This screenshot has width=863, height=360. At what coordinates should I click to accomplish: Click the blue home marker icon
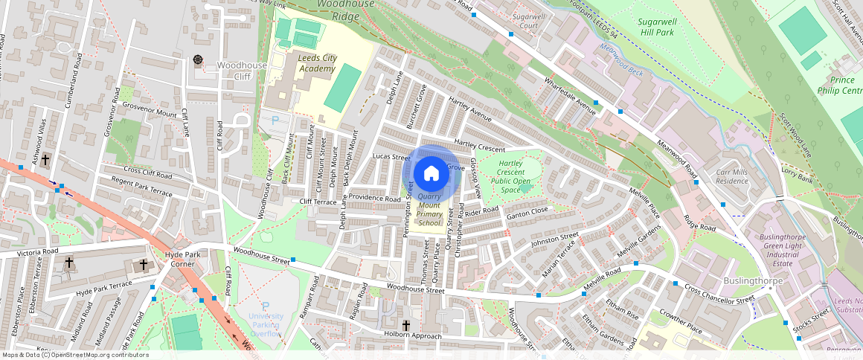430,173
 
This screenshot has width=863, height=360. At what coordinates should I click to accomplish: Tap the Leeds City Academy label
318,63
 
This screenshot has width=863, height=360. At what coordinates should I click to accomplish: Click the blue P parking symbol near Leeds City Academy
275,119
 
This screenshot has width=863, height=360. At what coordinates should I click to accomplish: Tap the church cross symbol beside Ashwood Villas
45,159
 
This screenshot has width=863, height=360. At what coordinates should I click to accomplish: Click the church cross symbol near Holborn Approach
406,325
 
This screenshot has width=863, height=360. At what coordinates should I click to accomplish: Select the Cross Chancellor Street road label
719,294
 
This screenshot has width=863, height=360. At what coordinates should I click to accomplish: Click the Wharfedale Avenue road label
571,96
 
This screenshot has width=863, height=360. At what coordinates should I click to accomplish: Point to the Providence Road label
376,199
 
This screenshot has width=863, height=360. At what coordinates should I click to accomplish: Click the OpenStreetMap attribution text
74,355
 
